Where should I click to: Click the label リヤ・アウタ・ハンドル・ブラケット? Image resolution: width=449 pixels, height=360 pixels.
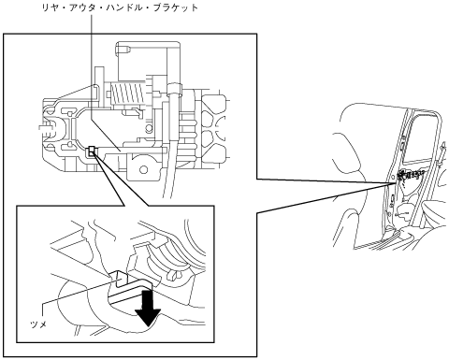coord(120,7)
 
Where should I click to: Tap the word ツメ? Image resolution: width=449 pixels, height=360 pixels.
coord(38,324)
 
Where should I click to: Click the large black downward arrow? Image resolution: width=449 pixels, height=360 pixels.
coord(148,308)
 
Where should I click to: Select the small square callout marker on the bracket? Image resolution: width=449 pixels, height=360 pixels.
coord(92,151)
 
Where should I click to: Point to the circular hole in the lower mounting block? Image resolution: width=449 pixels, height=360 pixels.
coord(143,170)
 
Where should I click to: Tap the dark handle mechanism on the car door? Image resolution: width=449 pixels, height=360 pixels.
coord(411,176)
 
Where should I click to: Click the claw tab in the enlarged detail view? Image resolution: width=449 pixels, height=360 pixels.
coord(120,278)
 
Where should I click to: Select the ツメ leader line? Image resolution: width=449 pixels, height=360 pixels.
coord(79,294)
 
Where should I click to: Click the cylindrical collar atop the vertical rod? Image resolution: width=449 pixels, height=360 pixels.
coord(174,89)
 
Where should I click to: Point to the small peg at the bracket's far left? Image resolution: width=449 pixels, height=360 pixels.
coord(44,128)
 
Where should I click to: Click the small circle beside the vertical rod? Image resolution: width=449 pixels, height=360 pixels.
coord(149,128)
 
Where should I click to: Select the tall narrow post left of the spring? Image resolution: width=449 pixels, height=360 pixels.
coord(99,83)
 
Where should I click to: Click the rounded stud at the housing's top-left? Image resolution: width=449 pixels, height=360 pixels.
coord(123,50)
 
